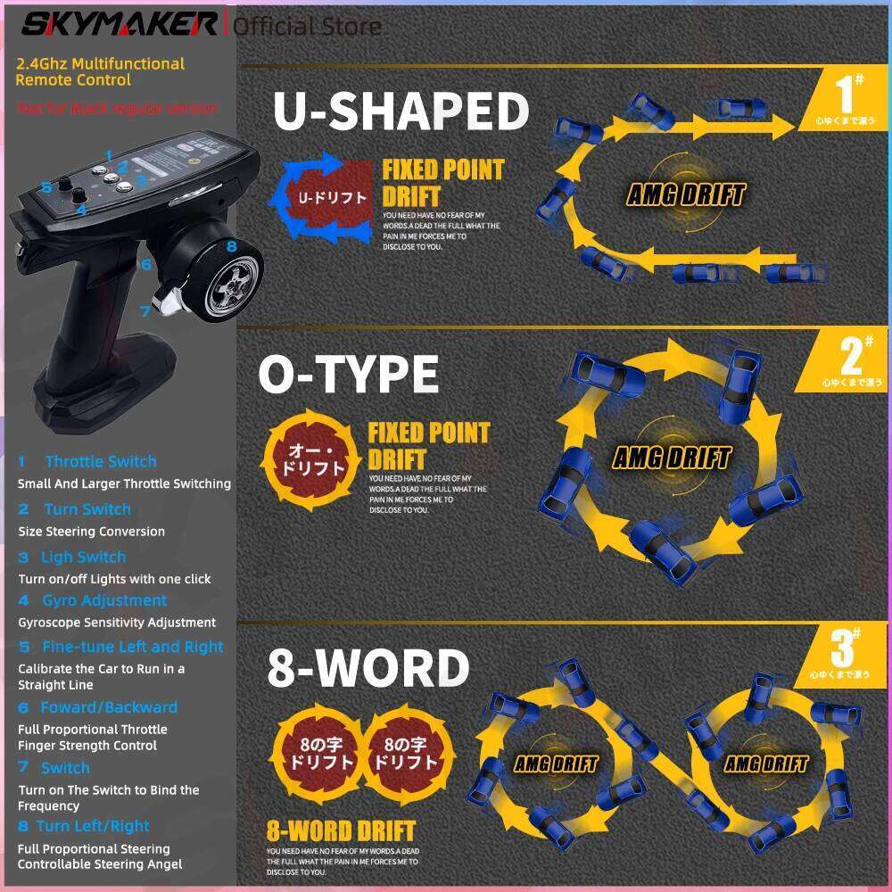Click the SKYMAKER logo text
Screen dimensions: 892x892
[120, 23]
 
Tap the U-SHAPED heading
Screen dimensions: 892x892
[401, 111]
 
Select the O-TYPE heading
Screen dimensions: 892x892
[349, 374]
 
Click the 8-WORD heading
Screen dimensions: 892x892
[368, 668]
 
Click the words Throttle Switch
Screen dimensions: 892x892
[100, 461]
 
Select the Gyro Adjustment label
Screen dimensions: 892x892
[104, 600]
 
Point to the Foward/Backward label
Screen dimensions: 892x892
[109, 707]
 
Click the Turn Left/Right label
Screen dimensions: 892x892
[93, 826]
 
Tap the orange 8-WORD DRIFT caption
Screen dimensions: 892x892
[341, 831]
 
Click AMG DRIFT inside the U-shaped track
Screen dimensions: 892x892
[685, 194]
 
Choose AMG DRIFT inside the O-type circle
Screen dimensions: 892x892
[671, 458]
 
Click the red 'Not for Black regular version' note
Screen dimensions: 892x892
[117, 109]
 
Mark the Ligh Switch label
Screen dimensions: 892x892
[83, 557]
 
